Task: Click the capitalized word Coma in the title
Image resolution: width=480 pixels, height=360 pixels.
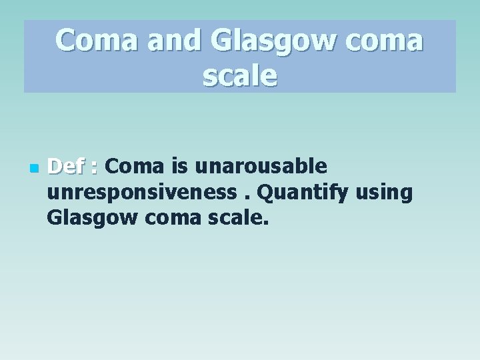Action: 97,41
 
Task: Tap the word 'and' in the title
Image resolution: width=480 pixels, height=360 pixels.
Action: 174,41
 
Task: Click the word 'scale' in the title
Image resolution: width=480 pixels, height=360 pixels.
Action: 240,77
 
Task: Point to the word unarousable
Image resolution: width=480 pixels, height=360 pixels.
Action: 261,166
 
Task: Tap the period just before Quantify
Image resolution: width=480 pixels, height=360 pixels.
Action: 248,198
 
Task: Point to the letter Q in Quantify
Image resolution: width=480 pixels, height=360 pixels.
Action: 265,193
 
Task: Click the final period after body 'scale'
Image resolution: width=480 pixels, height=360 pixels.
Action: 266,223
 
